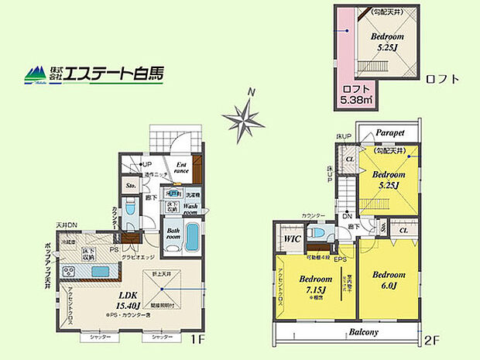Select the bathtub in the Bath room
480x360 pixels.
pos(191,238)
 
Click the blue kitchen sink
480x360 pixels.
pos(101,270)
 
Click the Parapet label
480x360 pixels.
pos(391,132)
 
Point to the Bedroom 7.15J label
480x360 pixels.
pos(315,283)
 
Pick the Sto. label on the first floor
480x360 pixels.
pos(131,186)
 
